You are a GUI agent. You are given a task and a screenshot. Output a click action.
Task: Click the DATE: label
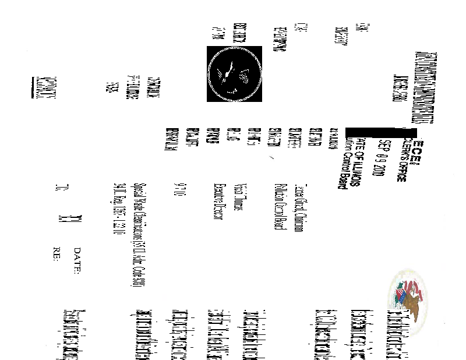coord(77,260)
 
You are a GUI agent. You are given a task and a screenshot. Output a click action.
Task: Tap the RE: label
coord(57,257)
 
